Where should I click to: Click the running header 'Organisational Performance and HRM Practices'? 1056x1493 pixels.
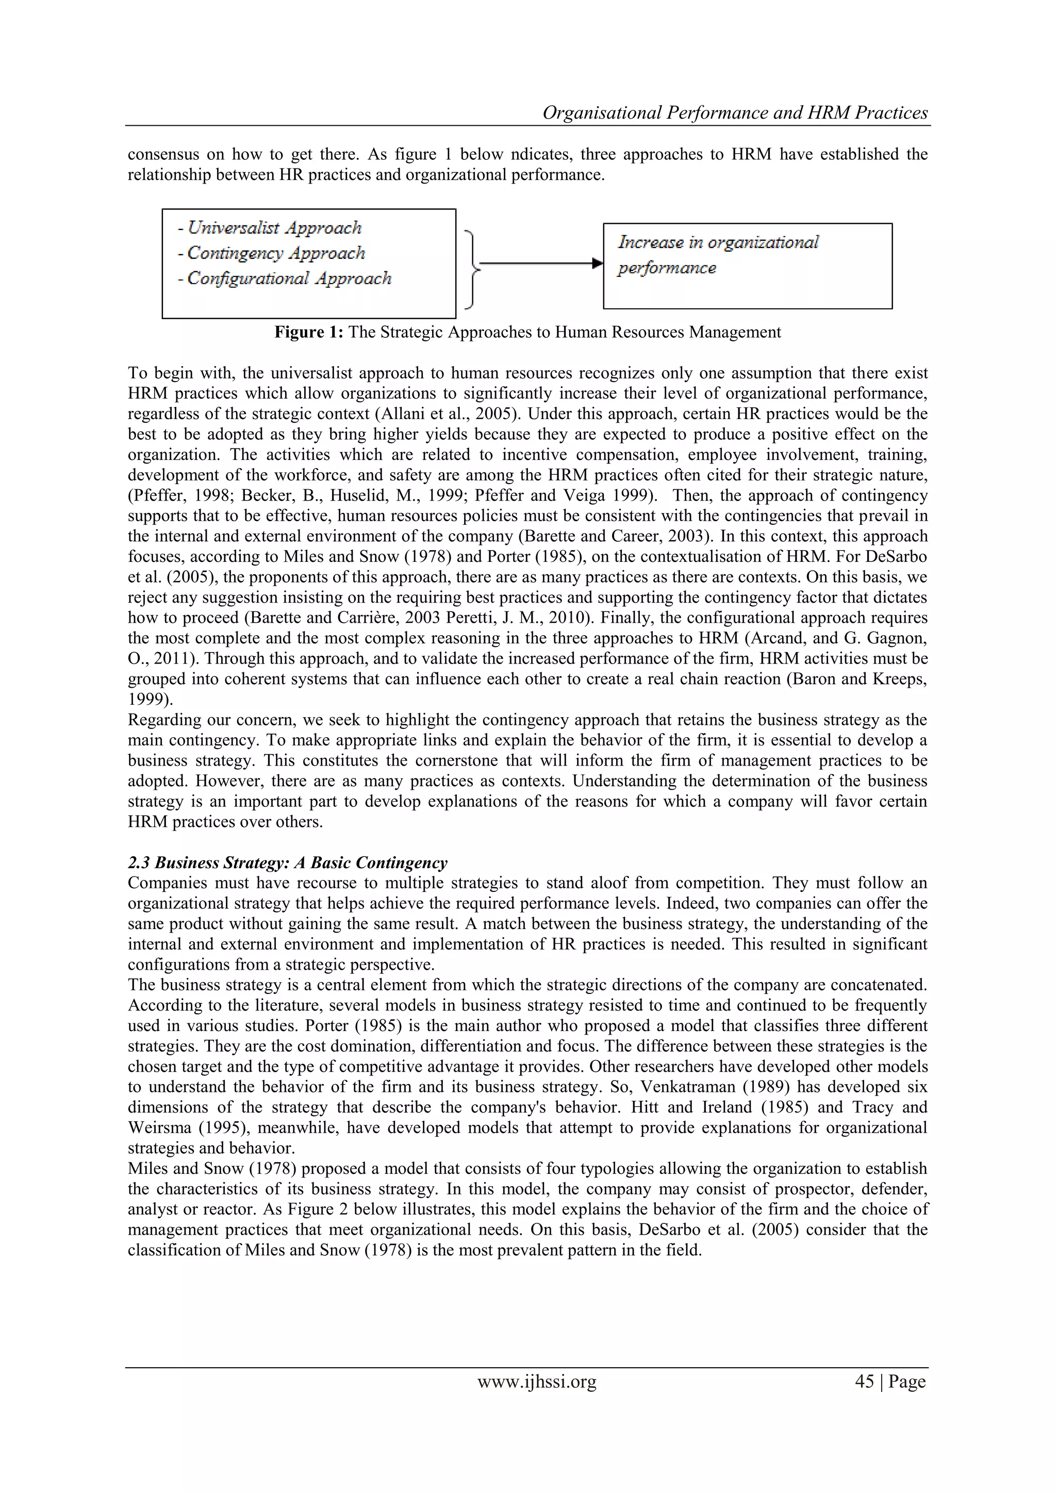pyautogui.click(x=735, y=113)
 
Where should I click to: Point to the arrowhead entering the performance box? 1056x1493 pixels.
pyautogui.click(x=597, y=263)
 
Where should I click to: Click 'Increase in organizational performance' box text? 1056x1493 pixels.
pyautogui.click(x=718, y=254)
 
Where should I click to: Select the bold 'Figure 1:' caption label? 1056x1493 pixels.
pyautogui.click(x=309, y=333)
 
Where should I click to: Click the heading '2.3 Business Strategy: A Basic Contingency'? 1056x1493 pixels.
pyautogui.click(x=287, y=863)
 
